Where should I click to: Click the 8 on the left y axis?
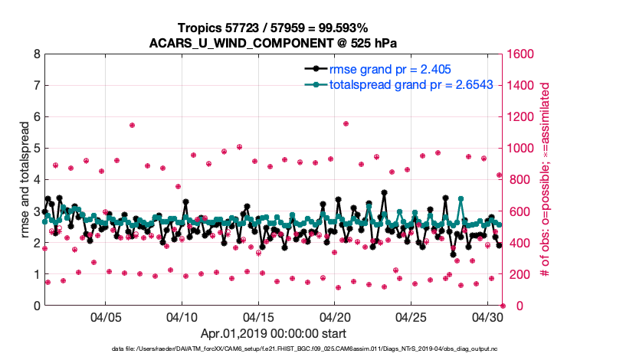(x=36, y=54)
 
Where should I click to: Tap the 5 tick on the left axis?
(x=36, y=149)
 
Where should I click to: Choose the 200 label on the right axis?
(x=516, y=274)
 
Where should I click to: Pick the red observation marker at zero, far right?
(x=503, y=306)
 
